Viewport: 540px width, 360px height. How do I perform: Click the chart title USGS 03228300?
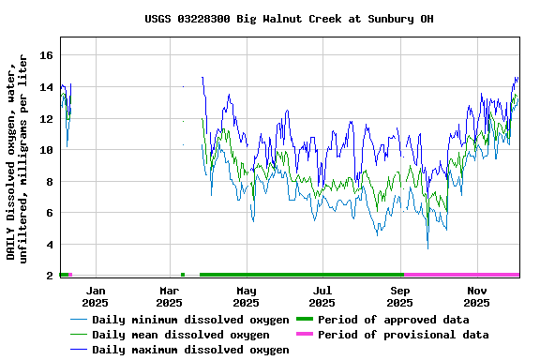pyautogui.click(x=289, y=19)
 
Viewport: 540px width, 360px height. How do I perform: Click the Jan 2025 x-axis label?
pyautogui.click(x=95, y=296)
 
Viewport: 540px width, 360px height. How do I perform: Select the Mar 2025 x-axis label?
pyautogui.click(x=169, y=296)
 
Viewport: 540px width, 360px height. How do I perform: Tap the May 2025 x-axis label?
pyautogui.click(x=247, y=296)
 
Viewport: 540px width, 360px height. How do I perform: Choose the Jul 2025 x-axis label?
pyautogui.click(x=322, y=296)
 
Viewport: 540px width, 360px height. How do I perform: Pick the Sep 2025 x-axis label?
pyautogui.click(x=400, y=296)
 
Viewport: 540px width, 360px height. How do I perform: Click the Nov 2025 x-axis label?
pyautogui.click(x=477, y=296)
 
